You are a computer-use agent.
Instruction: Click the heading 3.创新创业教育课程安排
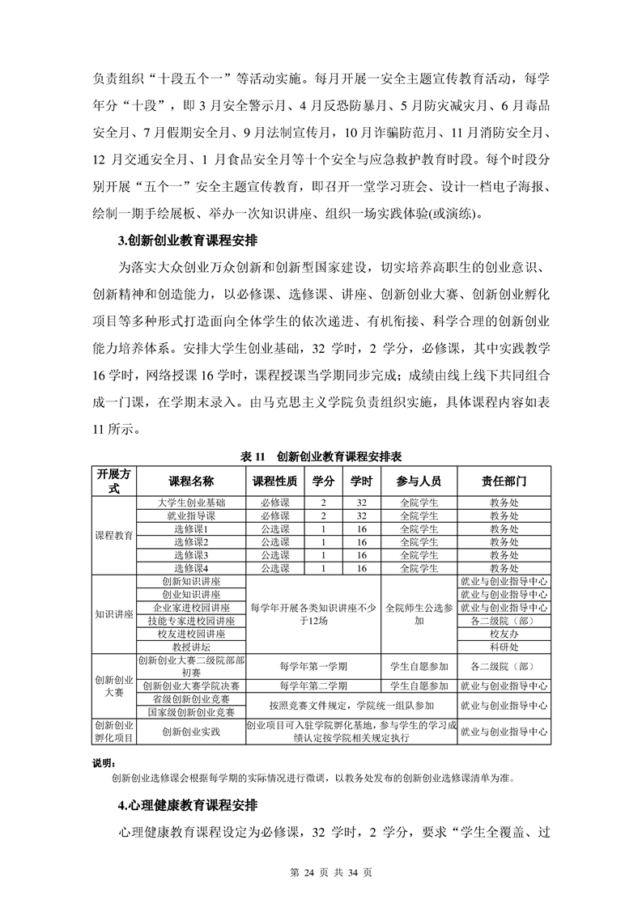point(187,241)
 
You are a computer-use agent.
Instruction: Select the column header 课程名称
point(191,481)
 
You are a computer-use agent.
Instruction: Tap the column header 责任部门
point(504,481)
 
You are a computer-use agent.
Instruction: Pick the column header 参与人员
point(419,481)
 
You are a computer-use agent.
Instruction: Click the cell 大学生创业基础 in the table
point(191,503)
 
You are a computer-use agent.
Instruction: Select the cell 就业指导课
point(191,516)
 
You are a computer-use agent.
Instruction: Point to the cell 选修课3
point(191,555)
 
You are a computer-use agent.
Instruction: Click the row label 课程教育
point(114,535)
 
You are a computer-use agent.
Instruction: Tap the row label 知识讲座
point(114,614)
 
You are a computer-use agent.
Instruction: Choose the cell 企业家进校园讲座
point(191,608)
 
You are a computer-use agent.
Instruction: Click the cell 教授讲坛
point(191,647)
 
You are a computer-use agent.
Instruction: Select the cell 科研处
point(504,647)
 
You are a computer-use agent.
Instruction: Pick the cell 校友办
point(504,634)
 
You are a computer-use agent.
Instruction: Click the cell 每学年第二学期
point(312,686)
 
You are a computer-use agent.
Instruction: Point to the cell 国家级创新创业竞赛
point(191,712)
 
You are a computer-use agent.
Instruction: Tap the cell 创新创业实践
point(191,732)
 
